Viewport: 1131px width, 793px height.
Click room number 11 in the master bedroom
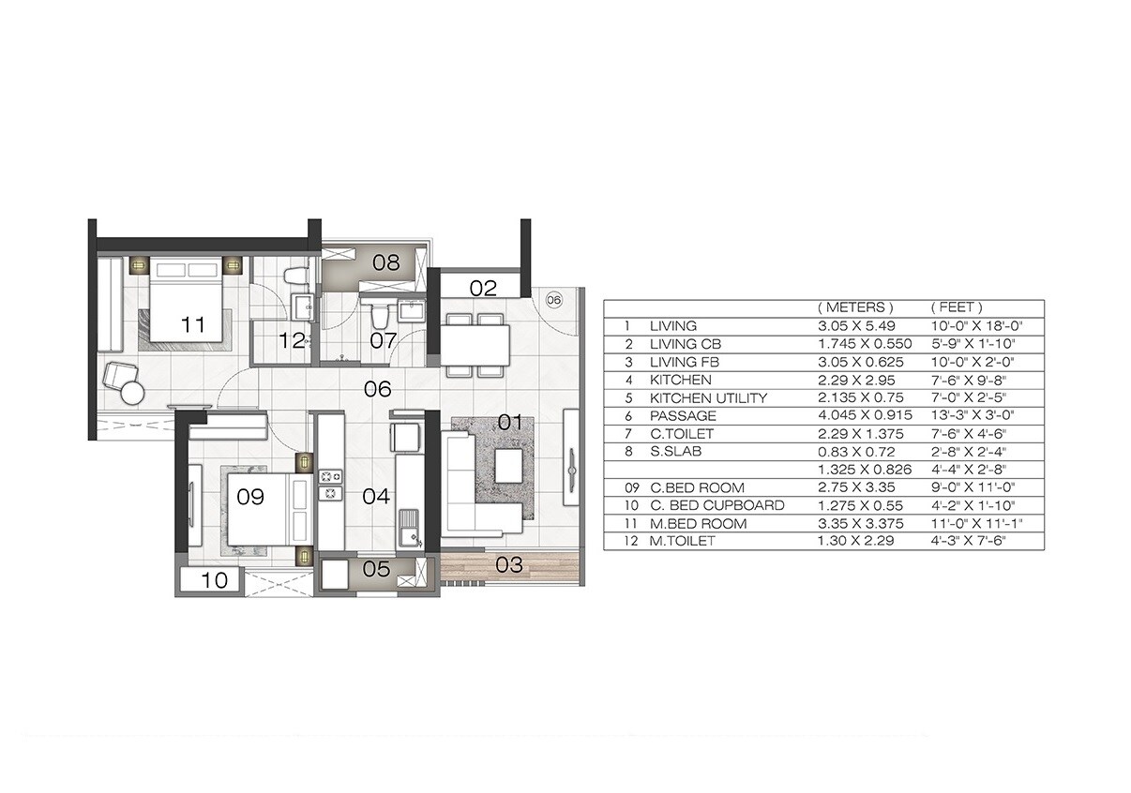pyautogui.click(x=193, y=325)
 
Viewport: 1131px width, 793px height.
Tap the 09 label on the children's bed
pyautogui.click(x=250, y=497)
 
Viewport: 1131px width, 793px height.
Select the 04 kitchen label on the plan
pyautogui.click(x=376, y=496)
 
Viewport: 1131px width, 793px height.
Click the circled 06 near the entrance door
pyautogui.click(x=553, y=300)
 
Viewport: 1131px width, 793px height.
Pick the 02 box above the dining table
pyautogui.click(x=483, y=288)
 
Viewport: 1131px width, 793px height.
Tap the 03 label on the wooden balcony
pyautogui.click(x=508, y=564)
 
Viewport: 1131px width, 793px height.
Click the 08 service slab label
pyautogui.click(x=386, y=262)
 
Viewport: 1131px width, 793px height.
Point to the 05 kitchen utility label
pyautogui.click(x=375, y=569)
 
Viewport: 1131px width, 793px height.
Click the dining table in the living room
pyautogui.click(x=476, y=343)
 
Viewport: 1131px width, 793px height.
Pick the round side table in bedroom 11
pyautogui.click(x=131, y=391)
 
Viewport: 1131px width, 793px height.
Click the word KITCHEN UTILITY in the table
pyautogui.click(x=708, y=398)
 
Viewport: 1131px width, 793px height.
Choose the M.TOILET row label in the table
pyautogui.click(x=682, y=542)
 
